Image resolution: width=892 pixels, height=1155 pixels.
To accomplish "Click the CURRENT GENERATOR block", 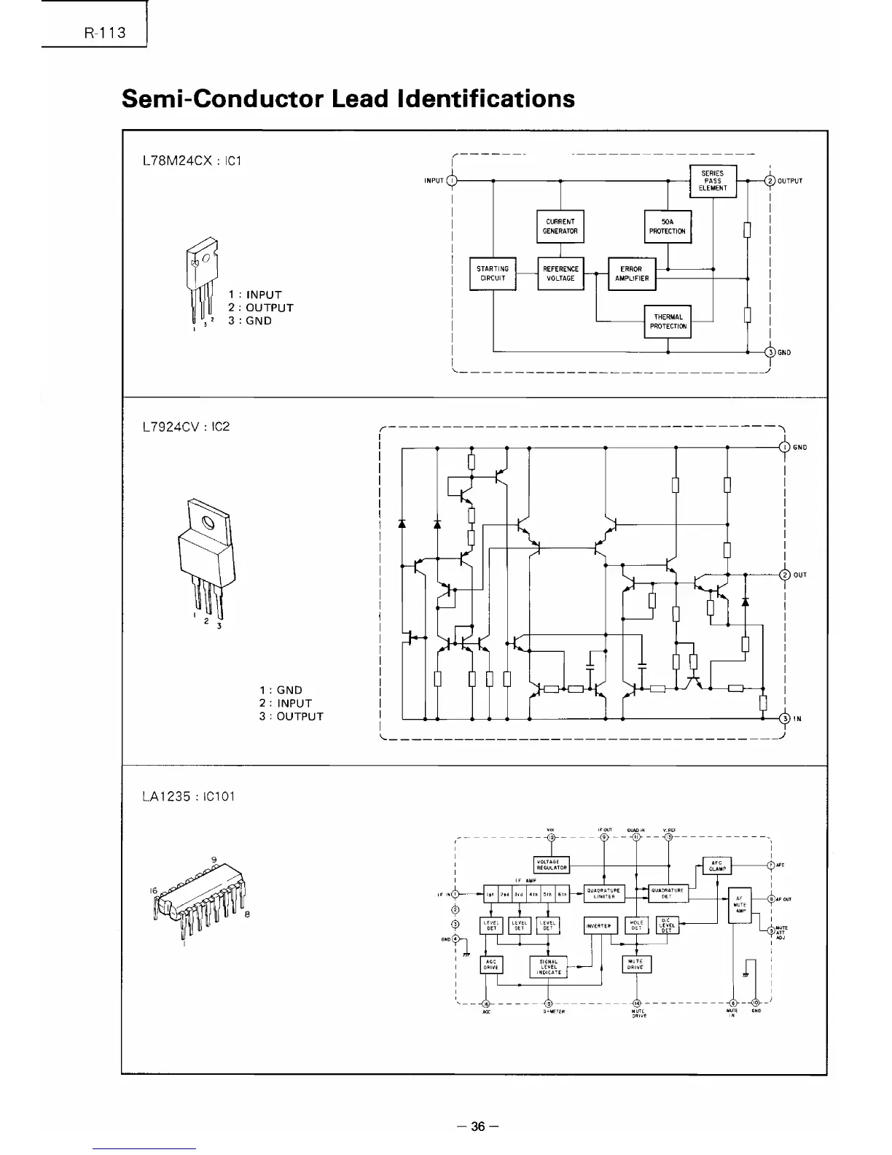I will coord(560,226).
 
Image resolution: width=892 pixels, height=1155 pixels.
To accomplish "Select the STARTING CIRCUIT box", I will coord(493,273).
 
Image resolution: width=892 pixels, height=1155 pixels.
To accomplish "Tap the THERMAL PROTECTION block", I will coord(668,322).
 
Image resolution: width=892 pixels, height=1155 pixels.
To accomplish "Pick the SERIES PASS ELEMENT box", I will coord(713,181).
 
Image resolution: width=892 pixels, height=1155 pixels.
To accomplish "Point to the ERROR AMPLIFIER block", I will coord(631,273).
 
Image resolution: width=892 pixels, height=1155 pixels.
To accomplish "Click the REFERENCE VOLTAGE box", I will coord(560,273).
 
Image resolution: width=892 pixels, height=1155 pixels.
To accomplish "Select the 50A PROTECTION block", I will coord(668,226).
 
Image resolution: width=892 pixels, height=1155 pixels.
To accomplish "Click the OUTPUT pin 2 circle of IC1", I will coord(770,181).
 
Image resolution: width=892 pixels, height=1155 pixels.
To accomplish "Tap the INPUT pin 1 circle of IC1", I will coord(452,181).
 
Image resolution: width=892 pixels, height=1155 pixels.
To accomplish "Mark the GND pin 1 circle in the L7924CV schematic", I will coord(785,447).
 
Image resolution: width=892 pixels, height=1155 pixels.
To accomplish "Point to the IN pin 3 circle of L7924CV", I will coord(785,718).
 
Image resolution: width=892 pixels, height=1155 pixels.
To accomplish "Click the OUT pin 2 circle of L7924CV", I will coord(785,575).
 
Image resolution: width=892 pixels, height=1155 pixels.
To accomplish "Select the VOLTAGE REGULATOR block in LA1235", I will coord(552,865).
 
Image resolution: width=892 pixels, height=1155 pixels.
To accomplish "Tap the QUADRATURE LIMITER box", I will coord(604,893).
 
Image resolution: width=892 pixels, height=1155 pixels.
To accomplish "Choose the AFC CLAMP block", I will coord(716,866).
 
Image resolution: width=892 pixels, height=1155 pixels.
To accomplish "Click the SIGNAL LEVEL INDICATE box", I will coord(549,967).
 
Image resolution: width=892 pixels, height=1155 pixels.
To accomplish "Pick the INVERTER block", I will coord(600,926).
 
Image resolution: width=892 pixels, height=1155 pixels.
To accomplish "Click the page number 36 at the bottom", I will coord(477,1127).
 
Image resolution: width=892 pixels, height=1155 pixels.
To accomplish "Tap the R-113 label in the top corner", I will coord(105,33).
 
